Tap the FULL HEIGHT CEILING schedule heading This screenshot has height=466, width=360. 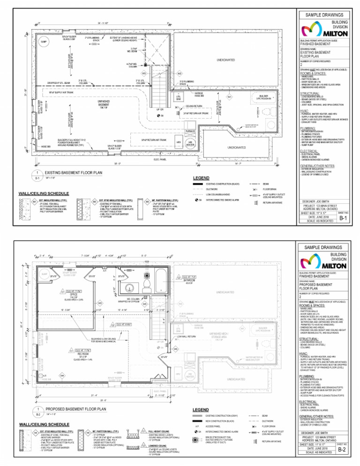[160, 430]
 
